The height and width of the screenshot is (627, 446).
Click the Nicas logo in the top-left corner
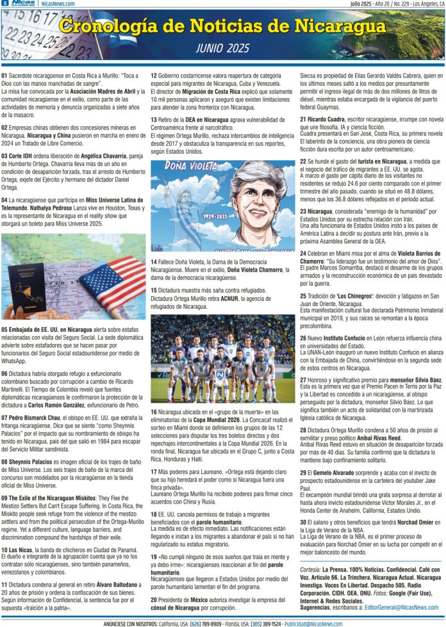24,4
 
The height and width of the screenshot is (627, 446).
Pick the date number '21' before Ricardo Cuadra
304,120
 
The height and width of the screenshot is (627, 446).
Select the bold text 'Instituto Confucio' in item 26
344,338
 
